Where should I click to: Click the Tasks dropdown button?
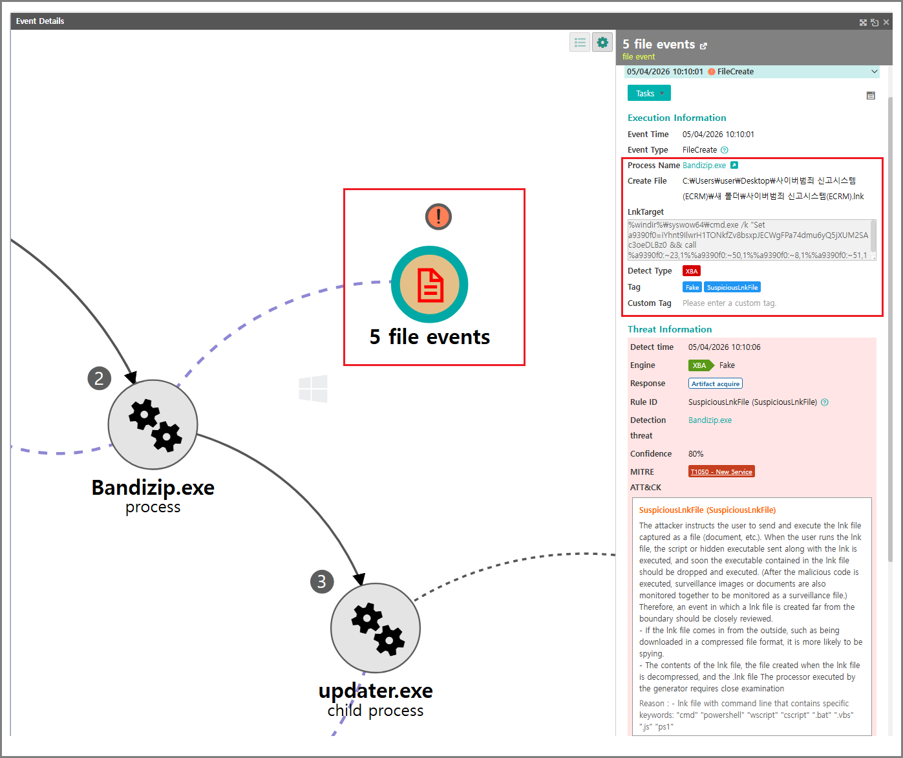[649, 93]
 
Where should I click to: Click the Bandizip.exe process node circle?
[153, 424]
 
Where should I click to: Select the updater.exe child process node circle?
[376, 628]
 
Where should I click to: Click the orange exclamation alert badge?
[438, 216]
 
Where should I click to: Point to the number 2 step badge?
[99, 378]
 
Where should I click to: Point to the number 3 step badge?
[322, 581]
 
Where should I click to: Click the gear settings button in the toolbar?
[602, 43]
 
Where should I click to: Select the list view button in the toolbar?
[580, 43]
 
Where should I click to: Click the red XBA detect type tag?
[692, 271]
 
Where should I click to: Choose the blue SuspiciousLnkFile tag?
[732, 287]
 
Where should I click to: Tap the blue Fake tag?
[692, 287]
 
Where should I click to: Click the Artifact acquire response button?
[716, 384]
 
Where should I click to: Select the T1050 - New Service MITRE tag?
[721, 471]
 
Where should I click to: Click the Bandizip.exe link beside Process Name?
[704, 166]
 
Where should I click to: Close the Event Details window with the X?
[886, 22]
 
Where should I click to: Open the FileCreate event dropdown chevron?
[874, 71]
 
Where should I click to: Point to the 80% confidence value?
[696, 454]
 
